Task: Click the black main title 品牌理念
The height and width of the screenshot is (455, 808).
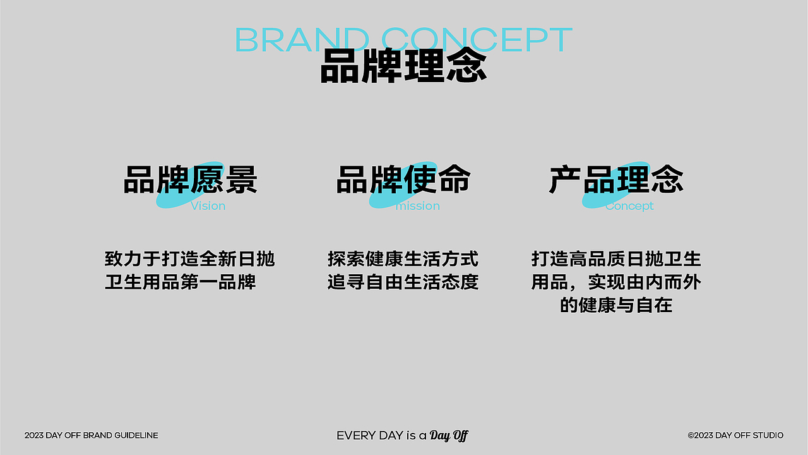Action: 403,66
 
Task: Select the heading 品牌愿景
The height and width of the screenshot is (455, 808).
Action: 191,179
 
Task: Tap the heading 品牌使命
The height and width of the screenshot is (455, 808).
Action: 403,179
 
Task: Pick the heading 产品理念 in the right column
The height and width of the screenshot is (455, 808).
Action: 616,179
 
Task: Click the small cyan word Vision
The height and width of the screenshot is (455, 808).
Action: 208,206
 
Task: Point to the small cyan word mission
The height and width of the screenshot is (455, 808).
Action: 417,206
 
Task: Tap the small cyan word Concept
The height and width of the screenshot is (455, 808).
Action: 629,206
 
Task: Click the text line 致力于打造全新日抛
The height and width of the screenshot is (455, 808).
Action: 190,259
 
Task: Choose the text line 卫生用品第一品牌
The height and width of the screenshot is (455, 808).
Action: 181,282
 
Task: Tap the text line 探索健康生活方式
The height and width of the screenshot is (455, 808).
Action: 403,259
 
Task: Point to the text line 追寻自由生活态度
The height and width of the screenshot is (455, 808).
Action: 403,282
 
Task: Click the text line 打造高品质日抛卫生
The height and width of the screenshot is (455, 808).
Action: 616,259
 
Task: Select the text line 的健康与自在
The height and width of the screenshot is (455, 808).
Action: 616,305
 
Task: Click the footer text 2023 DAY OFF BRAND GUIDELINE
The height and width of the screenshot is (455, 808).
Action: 92,435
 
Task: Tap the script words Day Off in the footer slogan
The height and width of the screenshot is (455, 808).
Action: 449,435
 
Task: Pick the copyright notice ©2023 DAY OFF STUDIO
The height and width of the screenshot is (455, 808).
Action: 735,435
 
